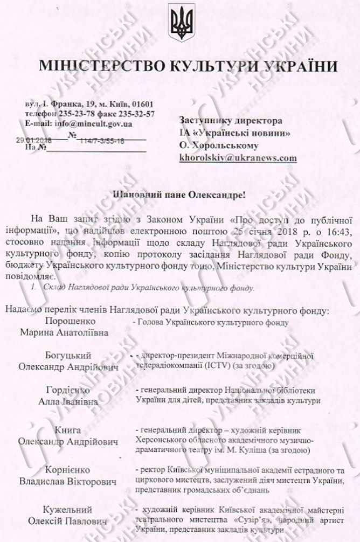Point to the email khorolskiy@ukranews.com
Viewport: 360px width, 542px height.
tap(238, 158)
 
